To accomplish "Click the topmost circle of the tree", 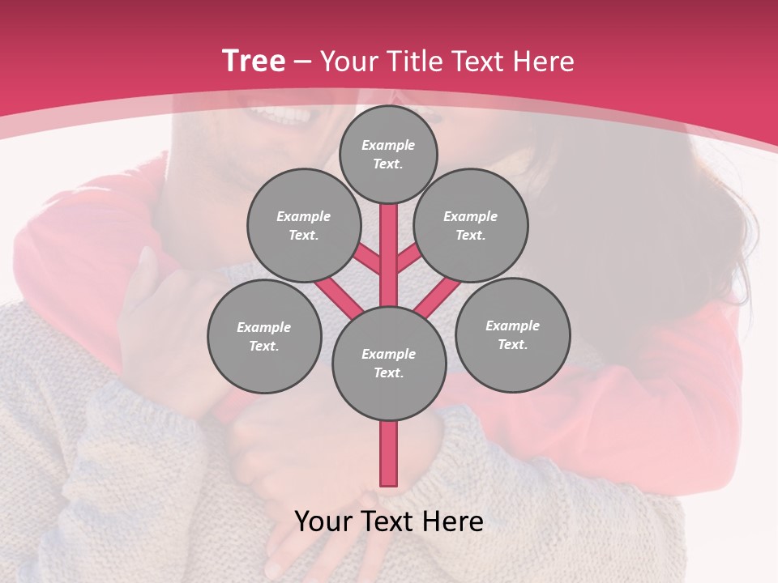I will (388, 154).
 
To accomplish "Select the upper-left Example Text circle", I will (304, 225).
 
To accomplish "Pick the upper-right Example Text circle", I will (471, 225).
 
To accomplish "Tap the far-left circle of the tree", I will (264, 336).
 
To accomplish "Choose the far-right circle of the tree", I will (512, 334).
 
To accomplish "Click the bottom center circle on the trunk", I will (389, 364).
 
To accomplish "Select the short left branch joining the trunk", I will (366, 258).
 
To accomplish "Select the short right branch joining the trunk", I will (408, 259).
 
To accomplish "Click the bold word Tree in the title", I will (254, 61).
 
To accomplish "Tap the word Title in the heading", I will (415, 62).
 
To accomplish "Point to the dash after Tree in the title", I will (302, 62).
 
